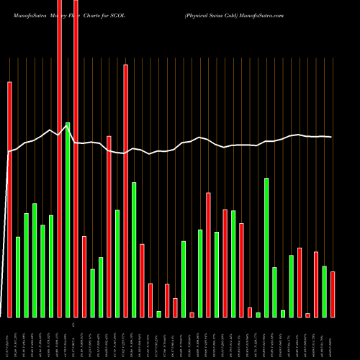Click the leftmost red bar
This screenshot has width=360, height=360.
10,199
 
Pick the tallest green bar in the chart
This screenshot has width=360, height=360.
68,220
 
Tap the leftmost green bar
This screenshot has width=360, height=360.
18,276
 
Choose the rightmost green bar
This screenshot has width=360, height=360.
324,291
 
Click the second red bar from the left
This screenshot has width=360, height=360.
59,158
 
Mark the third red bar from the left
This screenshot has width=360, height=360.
76,158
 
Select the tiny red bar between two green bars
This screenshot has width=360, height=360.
192,314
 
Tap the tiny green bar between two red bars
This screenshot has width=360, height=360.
158,313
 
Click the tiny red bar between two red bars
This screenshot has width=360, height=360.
307,315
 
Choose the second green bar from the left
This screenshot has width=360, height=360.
27,265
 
